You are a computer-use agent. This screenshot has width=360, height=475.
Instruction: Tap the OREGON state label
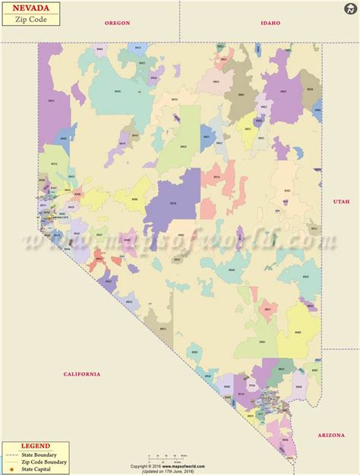coord(117,23)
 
